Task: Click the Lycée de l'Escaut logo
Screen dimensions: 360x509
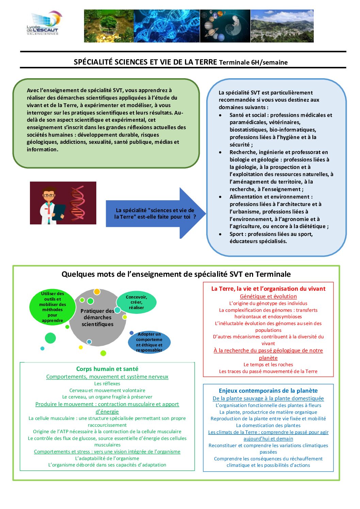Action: [44, 23]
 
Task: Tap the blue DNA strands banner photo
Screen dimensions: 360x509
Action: [167, 26]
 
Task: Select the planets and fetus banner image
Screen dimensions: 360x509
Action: [225, 26]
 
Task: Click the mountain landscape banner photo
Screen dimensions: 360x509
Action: [282, 26]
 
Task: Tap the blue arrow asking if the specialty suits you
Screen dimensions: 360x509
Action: [156, 213]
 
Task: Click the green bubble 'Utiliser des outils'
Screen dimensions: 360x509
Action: [52, 307]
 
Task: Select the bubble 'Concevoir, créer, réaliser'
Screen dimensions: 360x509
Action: [136, 302]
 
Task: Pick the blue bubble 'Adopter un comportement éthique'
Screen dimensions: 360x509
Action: [149, 342]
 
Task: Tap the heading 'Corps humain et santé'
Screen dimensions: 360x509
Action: [107, 369]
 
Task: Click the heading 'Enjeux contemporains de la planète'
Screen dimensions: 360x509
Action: [268, 391]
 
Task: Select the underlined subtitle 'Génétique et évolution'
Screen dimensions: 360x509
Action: [268, 296]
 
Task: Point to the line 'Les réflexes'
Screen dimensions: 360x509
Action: [107, 384]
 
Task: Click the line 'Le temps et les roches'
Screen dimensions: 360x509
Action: [268, 364]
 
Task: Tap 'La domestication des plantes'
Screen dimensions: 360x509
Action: [268, 425]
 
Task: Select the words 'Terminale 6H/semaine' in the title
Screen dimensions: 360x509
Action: [253, 62]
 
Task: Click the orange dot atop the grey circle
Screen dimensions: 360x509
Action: [97, 291]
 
